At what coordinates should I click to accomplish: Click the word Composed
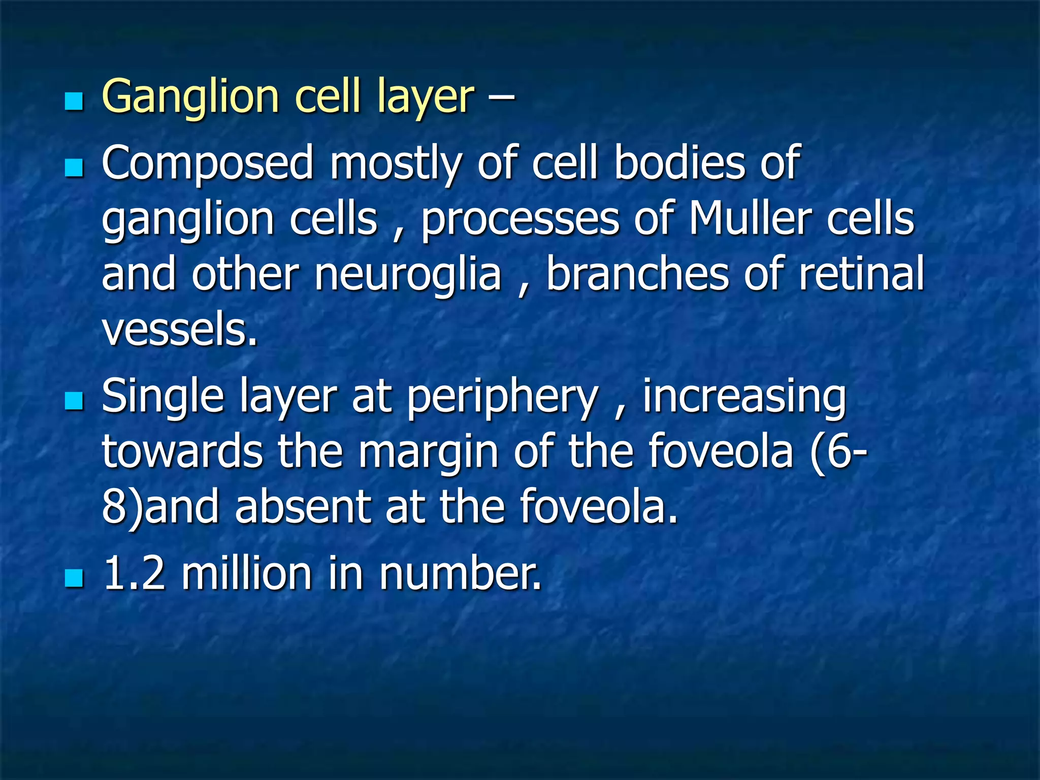[x=208, y=164]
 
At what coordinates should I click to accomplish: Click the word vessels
[x=180, y=330]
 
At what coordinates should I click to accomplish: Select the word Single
[x=162, y=397]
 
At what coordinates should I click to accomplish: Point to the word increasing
[x=744, y=397]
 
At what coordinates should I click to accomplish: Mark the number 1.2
[x=135, y=574]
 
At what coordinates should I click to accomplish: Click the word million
[x=246, y=574]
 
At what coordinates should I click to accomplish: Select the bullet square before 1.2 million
[x=74, y=578]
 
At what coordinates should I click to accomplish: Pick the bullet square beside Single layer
[x=74, y=401]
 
